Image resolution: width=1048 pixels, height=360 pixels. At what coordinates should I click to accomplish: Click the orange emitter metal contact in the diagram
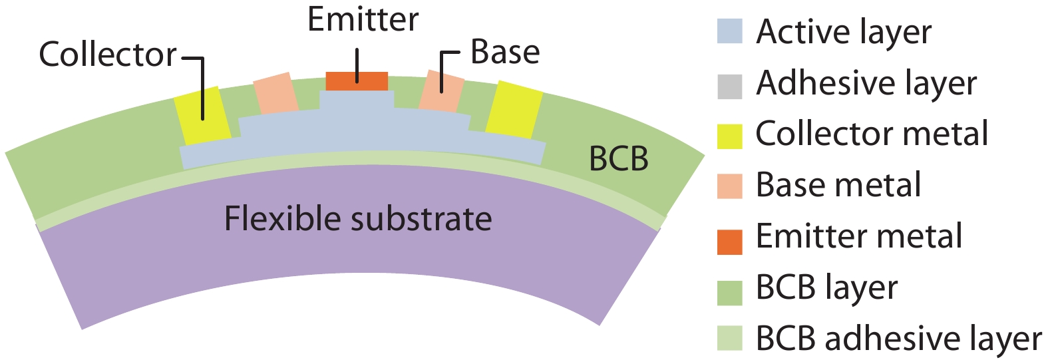coord(357,81)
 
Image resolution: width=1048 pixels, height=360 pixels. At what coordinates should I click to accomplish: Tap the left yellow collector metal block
coord(201,115)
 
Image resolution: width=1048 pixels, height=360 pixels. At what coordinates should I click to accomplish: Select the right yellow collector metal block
coord(513,110)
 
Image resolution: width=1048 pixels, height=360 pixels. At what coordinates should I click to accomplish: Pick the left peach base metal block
coord(275,94)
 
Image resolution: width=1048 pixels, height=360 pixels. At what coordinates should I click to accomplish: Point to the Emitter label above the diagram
coord(363,19)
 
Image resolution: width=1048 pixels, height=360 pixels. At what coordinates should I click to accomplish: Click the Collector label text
coord(108,54)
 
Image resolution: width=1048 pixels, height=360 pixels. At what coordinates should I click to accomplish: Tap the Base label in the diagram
coord(505,52)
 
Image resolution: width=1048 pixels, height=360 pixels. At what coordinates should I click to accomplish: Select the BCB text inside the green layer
coord(619,159)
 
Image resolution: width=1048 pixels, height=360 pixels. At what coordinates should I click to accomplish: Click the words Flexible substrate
coord(358,218)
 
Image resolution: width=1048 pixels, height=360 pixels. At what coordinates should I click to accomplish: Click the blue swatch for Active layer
coord(729,31)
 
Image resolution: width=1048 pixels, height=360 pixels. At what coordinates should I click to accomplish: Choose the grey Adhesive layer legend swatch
coord(729,87)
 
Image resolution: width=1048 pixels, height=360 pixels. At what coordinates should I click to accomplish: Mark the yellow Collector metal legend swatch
coord(729,136)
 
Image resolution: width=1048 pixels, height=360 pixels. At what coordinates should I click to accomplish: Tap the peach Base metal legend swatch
coord(729,186)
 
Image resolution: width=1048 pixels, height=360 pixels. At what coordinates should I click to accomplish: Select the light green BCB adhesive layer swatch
coord(729,339)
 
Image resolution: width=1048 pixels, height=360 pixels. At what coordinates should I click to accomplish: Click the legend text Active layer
coord(844,32)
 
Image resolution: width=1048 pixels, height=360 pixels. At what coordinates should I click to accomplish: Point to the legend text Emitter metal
coord(859,236)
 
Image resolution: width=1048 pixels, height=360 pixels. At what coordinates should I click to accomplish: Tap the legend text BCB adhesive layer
coord(898,339)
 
